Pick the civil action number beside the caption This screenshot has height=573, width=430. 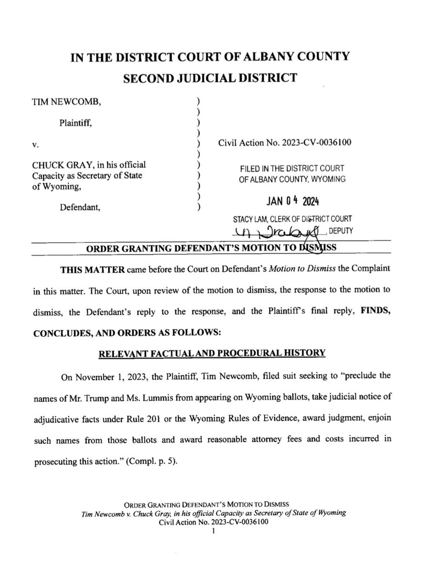coord(286,143)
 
